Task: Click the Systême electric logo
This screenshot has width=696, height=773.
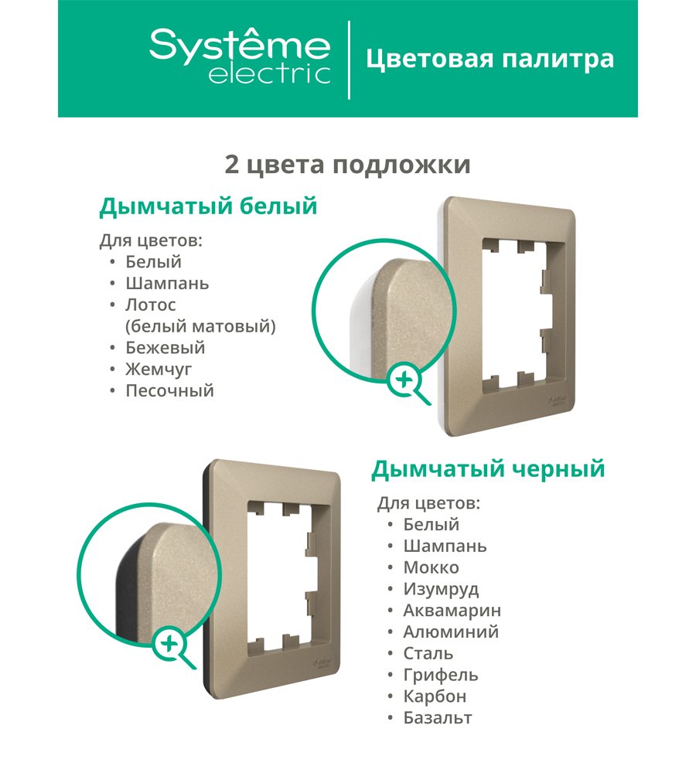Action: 240,56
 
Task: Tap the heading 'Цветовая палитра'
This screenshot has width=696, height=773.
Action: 490,60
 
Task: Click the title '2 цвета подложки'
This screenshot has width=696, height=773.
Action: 347,165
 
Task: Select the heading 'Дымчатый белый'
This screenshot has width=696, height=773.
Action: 208,206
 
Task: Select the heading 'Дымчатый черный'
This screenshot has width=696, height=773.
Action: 488,469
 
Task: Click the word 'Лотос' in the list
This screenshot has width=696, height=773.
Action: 151,305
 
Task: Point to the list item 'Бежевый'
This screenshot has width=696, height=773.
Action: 165,348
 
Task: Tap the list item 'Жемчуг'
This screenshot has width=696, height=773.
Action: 159,369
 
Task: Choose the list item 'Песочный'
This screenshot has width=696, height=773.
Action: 169,390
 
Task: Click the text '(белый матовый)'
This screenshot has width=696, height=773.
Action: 200,326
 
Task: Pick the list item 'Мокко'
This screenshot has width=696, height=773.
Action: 431,567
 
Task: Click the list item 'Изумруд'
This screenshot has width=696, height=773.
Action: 441,589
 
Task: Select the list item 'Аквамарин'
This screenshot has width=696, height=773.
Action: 452,611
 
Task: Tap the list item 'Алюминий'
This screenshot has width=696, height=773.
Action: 451,632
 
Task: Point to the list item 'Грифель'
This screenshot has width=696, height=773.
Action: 441,675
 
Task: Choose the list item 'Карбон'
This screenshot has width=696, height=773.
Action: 435,696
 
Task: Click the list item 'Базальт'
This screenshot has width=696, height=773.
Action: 438,718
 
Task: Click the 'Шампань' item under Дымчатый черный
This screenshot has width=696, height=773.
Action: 445,547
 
